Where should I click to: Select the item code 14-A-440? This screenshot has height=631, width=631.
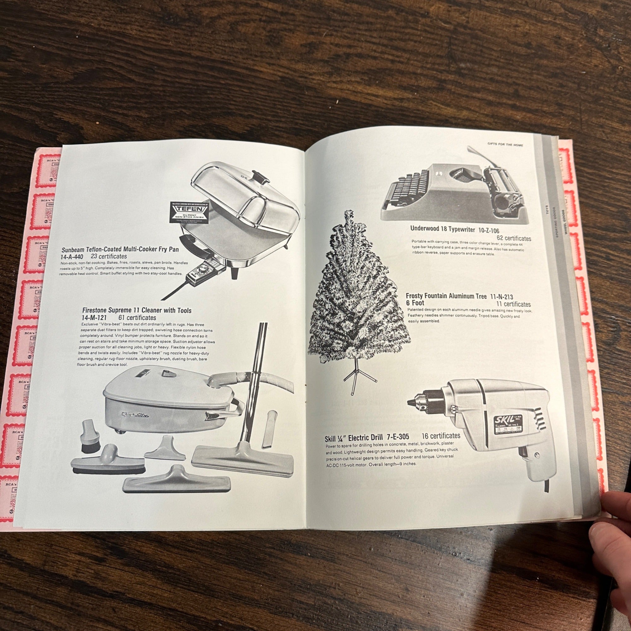(x=72, y=257)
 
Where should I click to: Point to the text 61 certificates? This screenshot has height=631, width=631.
(x=137, y=317)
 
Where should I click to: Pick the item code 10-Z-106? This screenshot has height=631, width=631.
(x=489, y=231)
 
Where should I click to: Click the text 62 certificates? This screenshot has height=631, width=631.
(x=513, y=239)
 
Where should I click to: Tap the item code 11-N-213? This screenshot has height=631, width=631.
(x=501, y=297)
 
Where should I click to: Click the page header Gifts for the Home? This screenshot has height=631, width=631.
(x=505, y=144)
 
